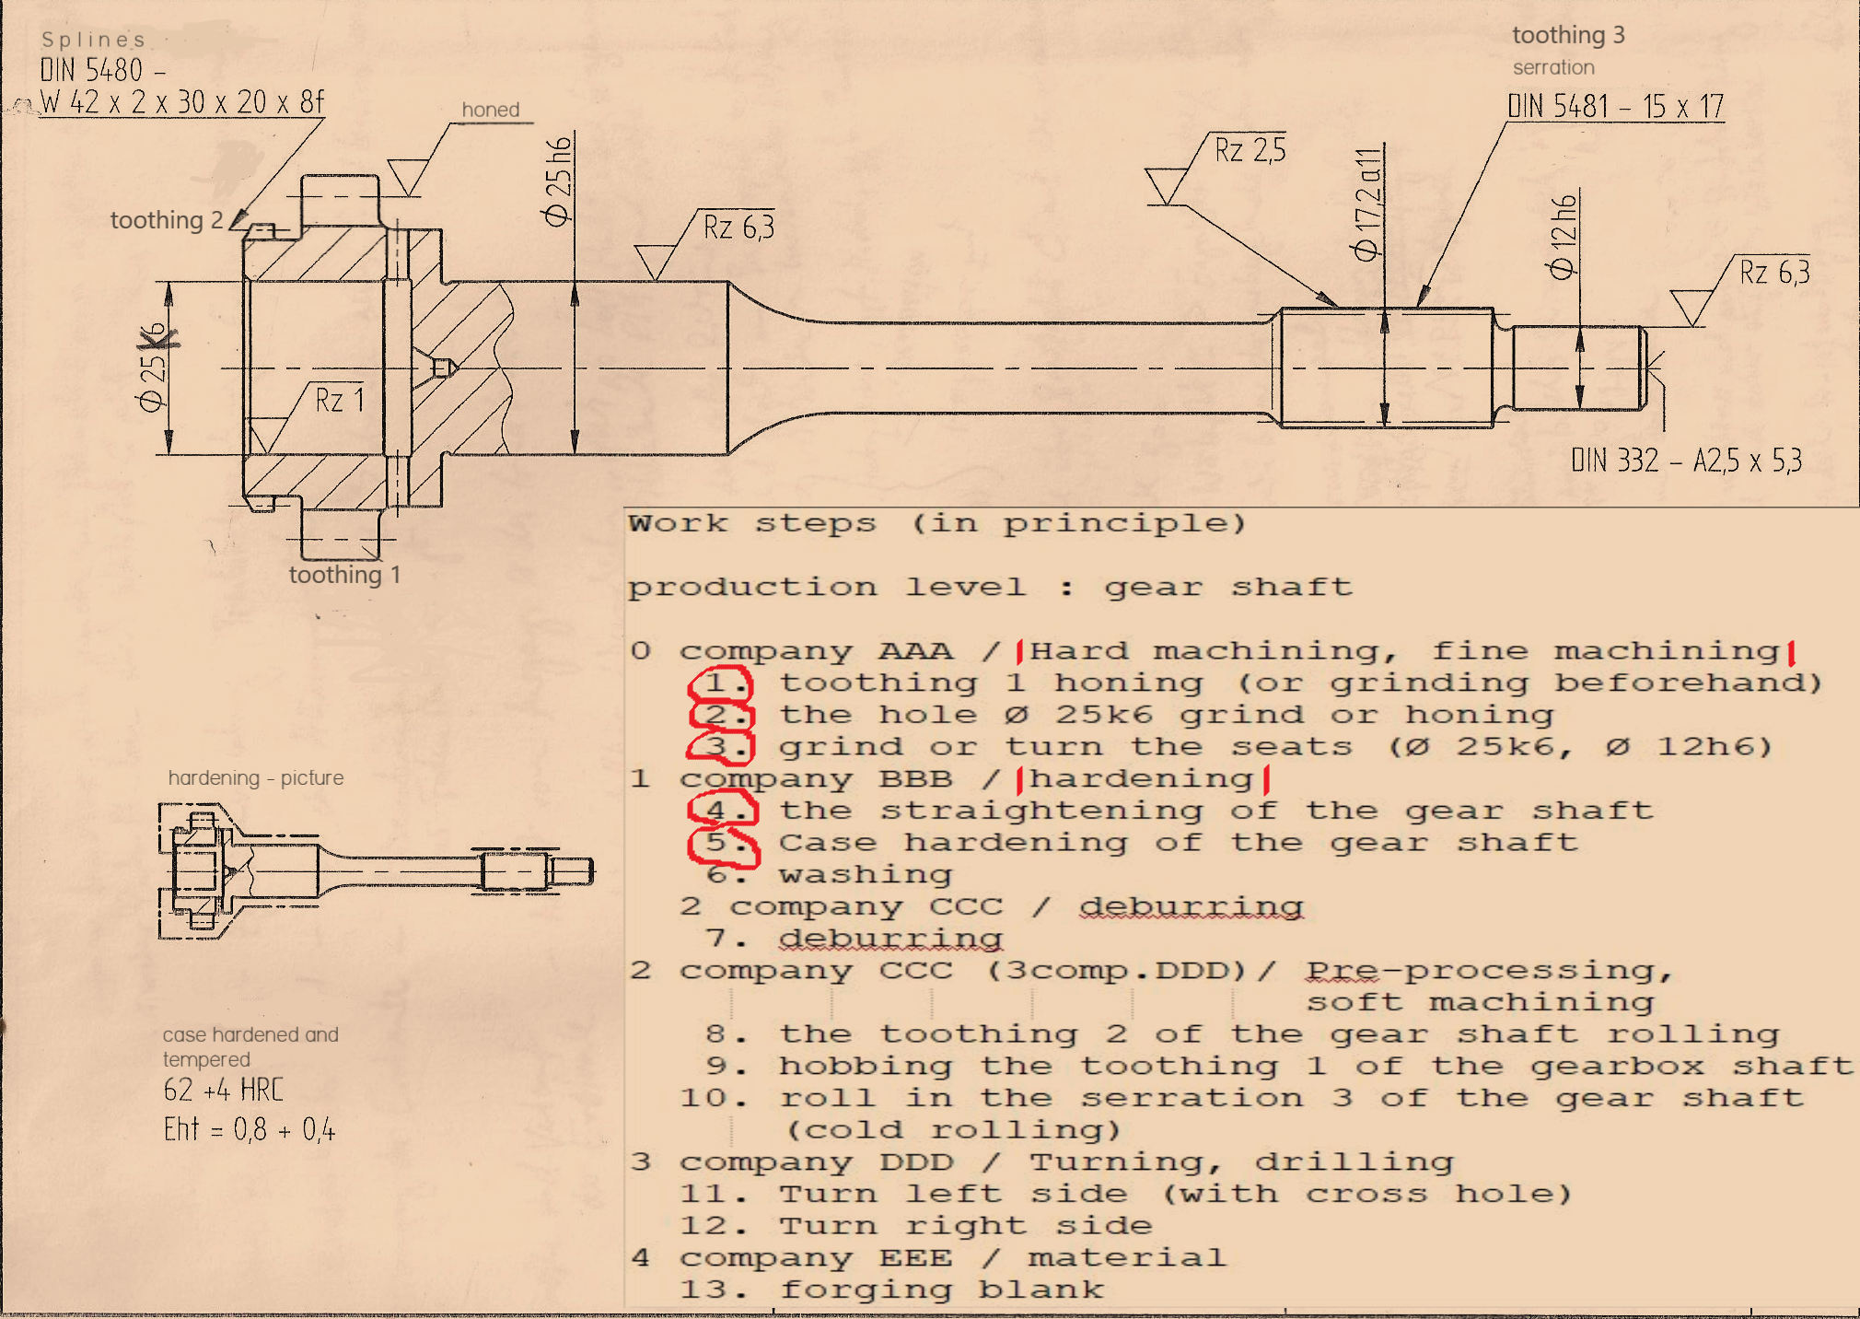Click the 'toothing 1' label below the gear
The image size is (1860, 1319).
point(344,575)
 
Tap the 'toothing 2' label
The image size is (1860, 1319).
point(167,220)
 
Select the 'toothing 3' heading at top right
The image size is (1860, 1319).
point(1568,35)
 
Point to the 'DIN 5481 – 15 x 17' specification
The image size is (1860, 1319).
point(1615,106)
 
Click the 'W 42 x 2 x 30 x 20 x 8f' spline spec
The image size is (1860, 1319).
point(182,101)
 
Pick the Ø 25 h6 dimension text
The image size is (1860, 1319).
point(558,181)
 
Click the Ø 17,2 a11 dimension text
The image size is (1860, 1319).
point(1367,204)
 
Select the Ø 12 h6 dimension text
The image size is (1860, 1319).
point(1564,237)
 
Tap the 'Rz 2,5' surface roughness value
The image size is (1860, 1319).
point(1250,149)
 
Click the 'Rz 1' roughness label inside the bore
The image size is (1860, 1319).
point(340,400)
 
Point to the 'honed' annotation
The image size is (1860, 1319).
point(491,110)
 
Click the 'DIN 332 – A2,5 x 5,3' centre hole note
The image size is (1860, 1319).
point(1686,460)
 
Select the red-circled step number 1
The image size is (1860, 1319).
point(722,683)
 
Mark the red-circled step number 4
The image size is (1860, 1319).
point(723,811)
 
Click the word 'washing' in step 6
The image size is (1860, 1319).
point(866,874)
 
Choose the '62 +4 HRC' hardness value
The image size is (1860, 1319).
point(224,1090)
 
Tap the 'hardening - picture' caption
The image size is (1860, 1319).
point(256,777)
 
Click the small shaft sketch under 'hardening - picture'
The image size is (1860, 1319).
point(376,870)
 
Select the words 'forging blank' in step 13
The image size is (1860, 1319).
point(941,1290)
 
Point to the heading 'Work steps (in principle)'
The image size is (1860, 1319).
point(936,523)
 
